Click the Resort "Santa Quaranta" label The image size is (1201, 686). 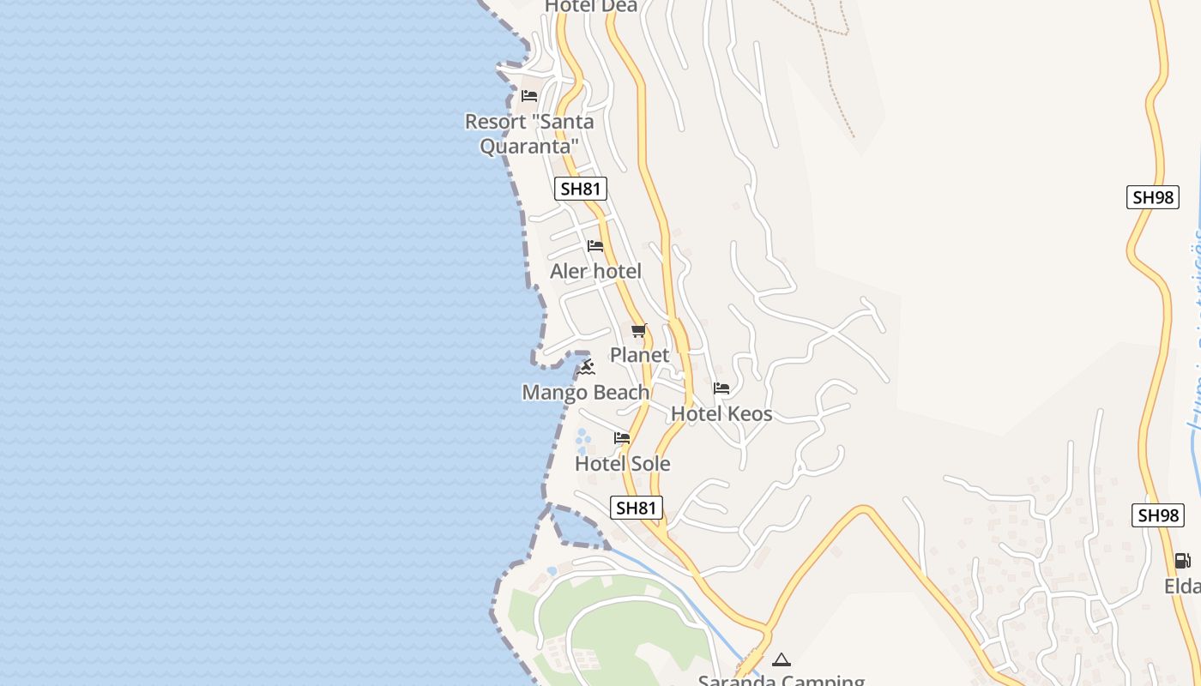[x=528, y=134]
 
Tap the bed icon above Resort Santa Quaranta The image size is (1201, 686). [x=529, y=95]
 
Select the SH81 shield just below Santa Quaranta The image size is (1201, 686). [x=581, y=189]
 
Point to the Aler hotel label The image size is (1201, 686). [x=595, y=272]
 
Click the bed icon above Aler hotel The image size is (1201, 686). [x=595, y=246]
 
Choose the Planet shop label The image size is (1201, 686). [x=639, y=355]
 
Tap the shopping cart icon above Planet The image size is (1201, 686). [x=638, y=330]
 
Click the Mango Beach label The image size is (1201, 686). [x=586, y=393]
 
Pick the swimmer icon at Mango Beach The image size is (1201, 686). [x=586, y=368]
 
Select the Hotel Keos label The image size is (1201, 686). [x=721, y=414]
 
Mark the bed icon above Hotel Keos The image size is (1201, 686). [x=721, y=388]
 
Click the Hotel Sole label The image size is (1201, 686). [x=622, y=464]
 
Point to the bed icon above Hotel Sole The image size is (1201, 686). [x=622, y=438]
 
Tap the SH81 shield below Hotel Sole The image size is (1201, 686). [x=637, y=508]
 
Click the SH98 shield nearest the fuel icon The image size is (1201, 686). [x=1158, y=515]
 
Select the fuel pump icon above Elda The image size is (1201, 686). [x=1182, y=561]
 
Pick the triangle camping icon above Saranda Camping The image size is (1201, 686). [x=781, y=659]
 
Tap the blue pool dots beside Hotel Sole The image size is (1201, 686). [x=582, y=442]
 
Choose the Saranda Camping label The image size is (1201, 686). [x=781, y=680]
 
